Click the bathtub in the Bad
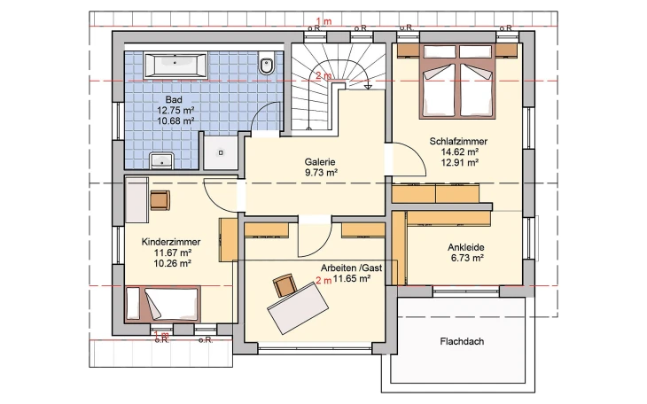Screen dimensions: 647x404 pos(175,65)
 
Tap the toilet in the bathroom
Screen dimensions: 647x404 pos(267,65)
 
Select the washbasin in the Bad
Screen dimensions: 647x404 pos(161,160)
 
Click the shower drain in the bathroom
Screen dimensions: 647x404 pos(221,152)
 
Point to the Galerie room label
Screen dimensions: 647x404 pos(320,162)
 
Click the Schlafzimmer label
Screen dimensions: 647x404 pos(458,141)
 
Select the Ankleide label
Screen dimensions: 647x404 pos(466,247)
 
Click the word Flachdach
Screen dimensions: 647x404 pos(462,341)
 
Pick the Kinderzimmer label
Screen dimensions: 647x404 pos(171,242)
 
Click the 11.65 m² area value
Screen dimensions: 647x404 pos(352,278)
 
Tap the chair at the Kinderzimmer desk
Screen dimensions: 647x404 pos(160,200)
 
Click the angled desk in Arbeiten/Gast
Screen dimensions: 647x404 pos(298,307)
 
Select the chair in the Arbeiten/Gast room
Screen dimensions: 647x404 pos(285,285)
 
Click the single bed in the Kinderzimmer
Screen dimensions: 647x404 pos(162,303)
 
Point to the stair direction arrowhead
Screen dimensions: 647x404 pos(368,87)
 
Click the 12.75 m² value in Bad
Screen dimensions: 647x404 pos(175,110)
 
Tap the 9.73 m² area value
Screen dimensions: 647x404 pos(321,173)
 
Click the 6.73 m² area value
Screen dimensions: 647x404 pos(467,259)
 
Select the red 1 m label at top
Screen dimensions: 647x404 pos(323,21)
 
